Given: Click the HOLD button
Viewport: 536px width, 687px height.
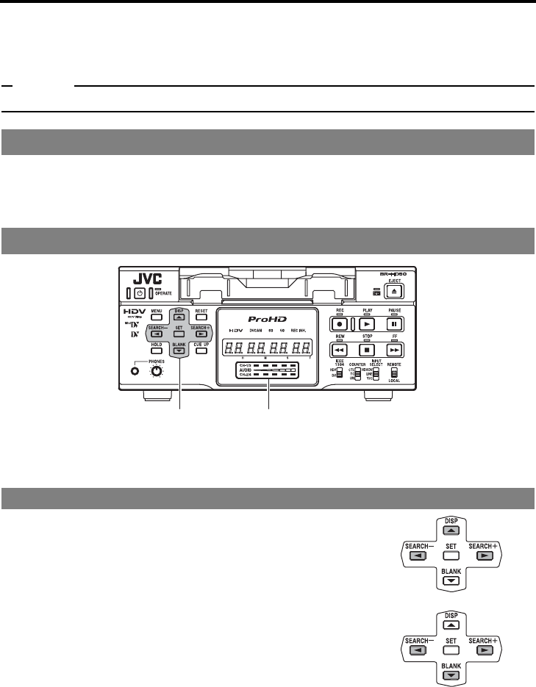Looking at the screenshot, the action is click(157, 351).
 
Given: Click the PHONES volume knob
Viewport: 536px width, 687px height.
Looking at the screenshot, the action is click(155, 371).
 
